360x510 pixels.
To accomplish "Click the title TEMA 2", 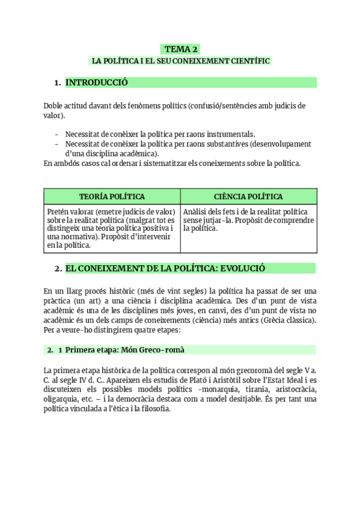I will (180, 49).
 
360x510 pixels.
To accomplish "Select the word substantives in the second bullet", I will (243, 144).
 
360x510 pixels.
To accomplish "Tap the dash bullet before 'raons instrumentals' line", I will (56, 134).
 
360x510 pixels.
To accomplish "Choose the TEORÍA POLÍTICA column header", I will (112, 197).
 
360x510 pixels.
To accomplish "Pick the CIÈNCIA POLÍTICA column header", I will (248, 197).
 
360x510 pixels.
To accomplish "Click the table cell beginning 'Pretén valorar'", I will (112, 228).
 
